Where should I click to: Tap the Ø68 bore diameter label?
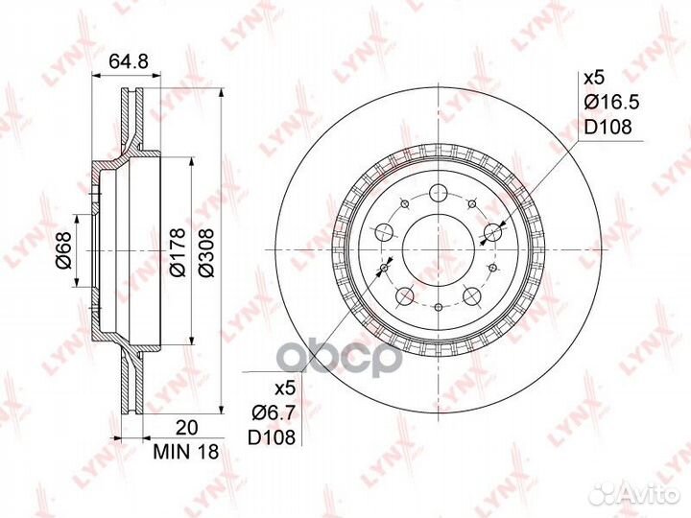tap(64, 249)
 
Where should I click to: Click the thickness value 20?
tap(187, 427)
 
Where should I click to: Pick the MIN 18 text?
tap(186, 452)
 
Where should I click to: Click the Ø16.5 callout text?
tap(611, 103)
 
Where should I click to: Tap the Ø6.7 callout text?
tap(272, 413)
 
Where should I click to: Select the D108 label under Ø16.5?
tap(608, 127)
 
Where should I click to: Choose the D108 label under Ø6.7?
tap(271, 437)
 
